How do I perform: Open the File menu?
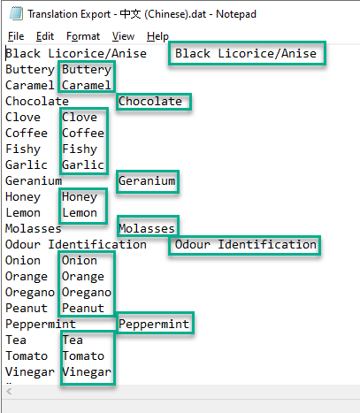click(16, 36)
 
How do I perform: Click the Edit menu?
click(45, 36)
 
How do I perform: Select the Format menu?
click(83, 36)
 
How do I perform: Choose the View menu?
click(123, 36)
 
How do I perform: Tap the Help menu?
click(157, 36)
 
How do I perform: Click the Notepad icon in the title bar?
click(16, 13)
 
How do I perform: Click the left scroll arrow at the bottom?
click(9, 392)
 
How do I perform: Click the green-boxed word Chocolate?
click(150, 101)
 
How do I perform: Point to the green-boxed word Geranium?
click(147, 180)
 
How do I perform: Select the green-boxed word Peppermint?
click(154, 325)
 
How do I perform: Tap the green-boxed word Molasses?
click(147, 228)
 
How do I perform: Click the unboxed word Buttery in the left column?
click(30, 70)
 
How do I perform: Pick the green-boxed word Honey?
click(80, 197)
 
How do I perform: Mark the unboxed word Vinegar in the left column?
click(30, 372)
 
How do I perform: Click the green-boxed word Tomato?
click(83, 356)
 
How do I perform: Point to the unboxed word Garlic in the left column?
click(27, 164)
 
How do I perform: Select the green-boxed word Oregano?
click(87, 293)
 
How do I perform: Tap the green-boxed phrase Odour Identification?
click(246, 245)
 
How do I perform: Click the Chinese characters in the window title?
click(130, 14)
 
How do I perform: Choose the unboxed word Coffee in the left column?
click(27, 133)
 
